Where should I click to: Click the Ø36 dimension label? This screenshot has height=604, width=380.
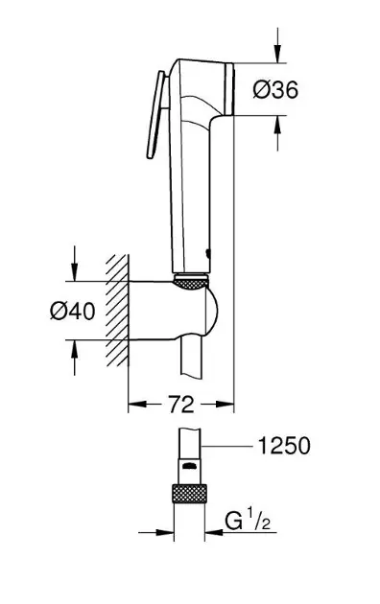tap(275, 90)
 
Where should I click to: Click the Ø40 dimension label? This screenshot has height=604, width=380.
tap(72, 311)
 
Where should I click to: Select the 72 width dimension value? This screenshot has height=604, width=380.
tap(181, 404)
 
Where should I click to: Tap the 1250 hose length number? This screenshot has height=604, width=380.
tap(284, 446)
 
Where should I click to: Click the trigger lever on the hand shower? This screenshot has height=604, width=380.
tap(156, 115)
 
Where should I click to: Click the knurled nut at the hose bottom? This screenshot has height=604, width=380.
tap(189, 494)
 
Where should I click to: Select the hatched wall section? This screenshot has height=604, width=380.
tap(117, 310)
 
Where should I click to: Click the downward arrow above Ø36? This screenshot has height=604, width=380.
tap(277, 45)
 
